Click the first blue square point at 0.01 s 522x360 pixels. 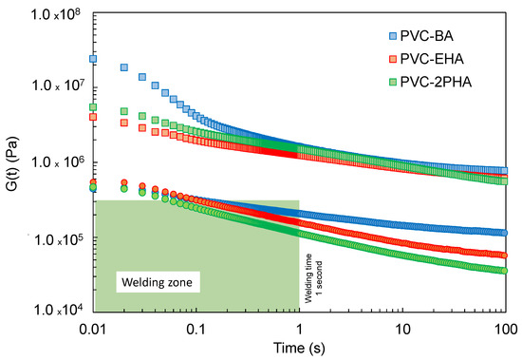click(x=93, y=59)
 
